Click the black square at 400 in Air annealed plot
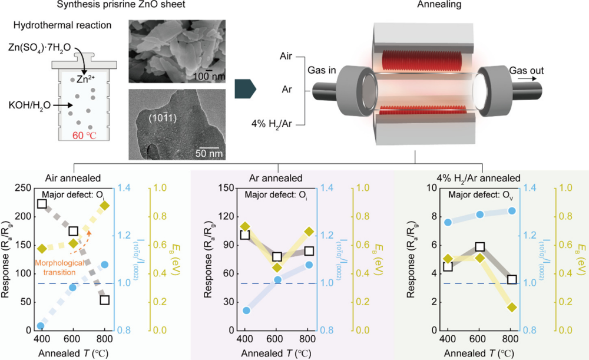pos(42,203)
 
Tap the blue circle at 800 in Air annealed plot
pos(105,265)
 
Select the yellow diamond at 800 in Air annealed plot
pos(105,205)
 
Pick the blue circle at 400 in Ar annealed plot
pos(246,311)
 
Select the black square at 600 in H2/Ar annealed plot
pos(480,247)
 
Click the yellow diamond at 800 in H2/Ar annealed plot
pos(512,308)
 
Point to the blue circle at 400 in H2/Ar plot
pos(448,222)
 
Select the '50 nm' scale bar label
pos(209,153)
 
